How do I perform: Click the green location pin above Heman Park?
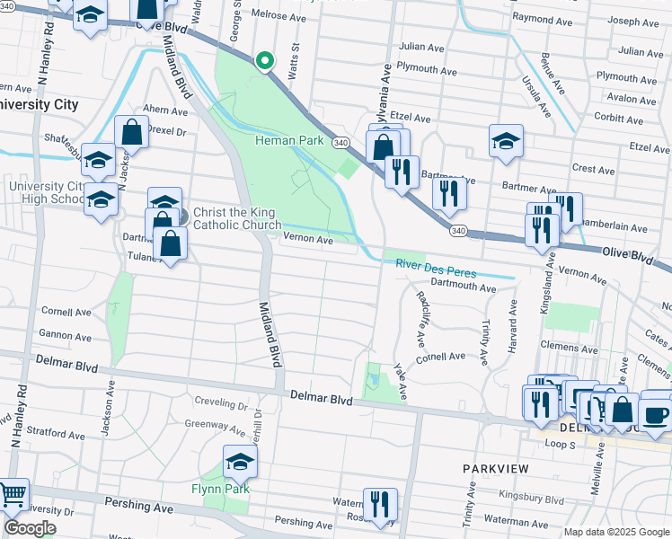point(264,61)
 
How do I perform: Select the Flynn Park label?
point(219,489)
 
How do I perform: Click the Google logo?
point(30,527)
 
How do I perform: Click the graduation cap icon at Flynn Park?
point(240,462)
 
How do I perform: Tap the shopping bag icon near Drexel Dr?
point(131,132)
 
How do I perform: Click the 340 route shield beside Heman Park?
point(340,143)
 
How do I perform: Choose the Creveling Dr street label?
point(209,405)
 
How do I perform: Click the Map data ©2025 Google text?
point(616,531)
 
